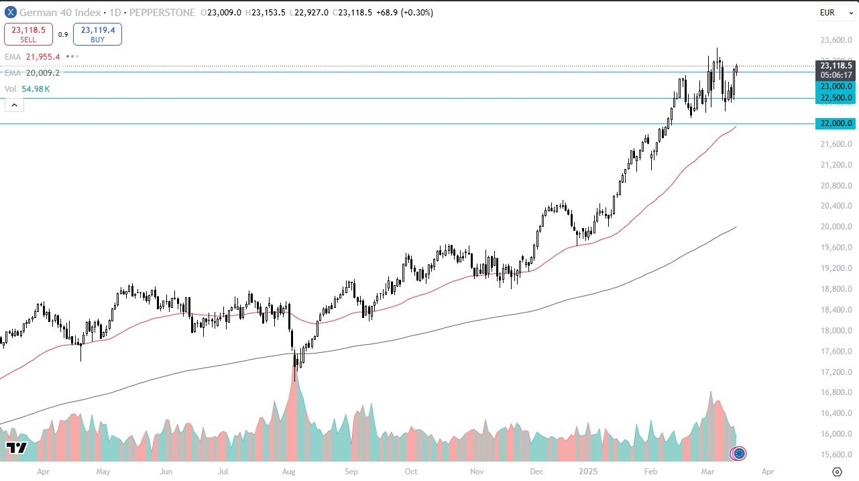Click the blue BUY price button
coord(97,34)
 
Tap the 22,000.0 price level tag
coord(834,123)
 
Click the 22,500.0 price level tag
coord(834,98)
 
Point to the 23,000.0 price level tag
coord(834,87)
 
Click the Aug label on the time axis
coord(289,472)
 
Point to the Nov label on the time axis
coord(476,472)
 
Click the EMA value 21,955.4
coord(43,57)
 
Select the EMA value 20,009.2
coord(43,72)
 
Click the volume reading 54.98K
coord(36,89)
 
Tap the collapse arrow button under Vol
coord(14,104)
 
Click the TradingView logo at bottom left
coord(16,448)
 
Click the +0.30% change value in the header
coord(416,12)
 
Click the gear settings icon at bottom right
coord(837,472)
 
